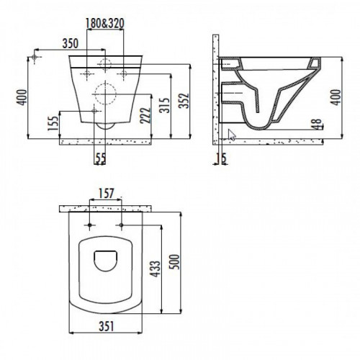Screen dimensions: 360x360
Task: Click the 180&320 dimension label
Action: tap(105, 23)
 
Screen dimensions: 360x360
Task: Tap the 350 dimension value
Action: tap(71, 44)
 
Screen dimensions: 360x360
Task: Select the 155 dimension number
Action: tap(53, 123)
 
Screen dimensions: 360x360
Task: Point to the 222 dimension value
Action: tap(145, 115)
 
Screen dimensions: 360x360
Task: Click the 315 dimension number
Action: tap(165, 105)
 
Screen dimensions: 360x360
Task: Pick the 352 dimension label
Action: tap(184, 101)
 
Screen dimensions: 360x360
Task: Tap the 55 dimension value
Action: tap(101, 158)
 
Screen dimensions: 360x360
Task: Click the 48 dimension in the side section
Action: tap(317, 124)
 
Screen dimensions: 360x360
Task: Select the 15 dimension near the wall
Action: tap(221, 158)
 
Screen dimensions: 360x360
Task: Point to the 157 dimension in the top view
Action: tap(106, 194)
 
